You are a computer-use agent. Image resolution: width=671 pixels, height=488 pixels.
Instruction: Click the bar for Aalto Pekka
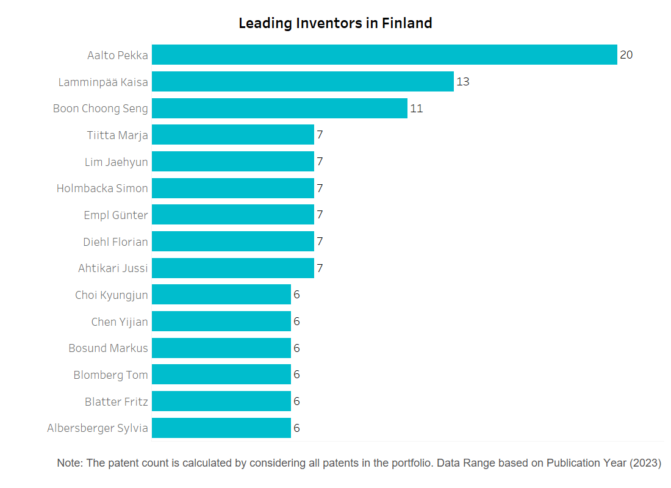384,55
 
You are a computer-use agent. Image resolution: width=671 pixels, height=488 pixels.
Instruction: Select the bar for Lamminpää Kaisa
303,81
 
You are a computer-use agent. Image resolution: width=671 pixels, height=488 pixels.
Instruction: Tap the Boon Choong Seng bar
279,109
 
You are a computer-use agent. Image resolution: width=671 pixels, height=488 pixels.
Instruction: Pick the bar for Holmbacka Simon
233,188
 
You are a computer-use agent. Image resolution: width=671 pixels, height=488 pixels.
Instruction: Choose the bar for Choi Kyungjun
221,295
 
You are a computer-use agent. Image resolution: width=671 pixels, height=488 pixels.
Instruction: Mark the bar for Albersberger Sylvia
221,428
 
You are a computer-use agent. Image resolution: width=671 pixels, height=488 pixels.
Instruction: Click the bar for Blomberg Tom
221,375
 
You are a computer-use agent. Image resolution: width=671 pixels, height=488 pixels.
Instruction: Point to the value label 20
626,55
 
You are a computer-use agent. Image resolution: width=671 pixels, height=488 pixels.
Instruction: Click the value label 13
462,81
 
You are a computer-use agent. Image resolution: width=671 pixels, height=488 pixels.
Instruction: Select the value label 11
417,109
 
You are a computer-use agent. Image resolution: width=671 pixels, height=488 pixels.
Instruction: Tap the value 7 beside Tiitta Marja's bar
320,135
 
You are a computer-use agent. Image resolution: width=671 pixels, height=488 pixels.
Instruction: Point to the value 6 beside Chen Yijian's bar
296,321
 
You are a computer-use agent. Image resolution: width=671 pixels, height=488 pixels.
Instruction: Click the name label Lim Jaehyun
117,162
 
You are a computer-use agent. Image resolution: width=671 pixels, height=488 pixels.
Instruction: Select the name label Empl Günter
116,215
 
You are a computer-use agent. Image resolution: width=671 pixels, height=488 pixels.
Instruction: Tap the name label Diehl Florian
115,242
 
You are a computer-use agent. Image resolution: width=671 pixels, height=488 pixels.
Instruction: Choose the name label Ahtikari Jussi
113,268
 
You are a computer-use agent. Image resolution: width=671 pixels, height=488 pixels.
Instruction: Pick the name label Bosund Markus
108,348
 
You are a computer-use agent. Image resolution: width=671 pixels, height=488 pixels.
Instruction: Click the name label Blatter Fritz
117,401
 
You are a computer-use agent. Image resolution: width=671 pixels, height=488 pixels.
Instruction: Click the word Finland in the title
407,23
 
